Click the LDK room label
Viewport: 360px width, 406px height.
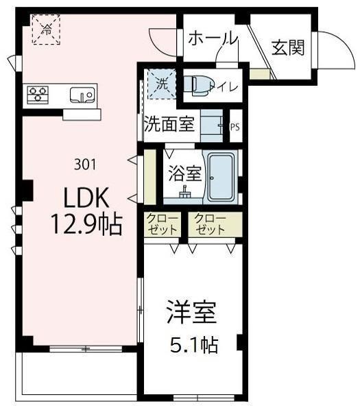coord(86,200)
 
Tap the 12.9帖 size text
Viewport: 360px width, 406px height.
coord(86,224)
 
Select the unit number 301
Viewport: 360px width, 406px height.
coord(84,165)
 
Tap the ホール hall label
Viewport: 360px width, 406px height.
coord(212,38)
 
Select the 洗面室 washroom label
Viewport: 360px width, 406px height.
coord(169,126)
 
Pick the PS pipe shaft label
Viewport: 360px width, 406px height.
coord(235,126)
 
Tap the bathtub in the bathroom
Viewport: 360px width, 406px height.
coord(222,177)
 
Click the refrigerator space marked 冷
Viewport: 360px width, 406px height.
coord(47,29)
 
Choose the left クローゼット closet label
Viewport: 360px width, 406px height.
coord(161,225)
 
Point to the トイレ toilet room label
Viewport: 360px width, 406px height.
coord(226,86)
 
